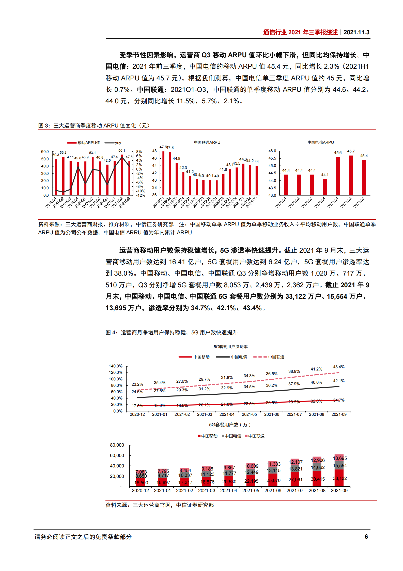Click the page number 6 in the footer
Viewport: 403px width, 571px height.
click(366, 537)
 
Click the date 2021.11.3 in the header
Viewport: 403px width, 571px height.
click(356, 32)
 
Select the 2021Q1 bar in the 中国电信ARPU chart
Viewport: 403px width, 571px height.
click(338, 176)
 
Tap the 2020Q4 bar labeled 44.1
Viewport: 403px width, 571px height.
click(325, 187)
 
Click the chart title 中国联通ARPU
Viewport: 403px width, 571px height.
click(207, 142)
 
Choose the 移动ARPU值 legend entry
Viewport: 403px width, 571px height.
click(84, 143)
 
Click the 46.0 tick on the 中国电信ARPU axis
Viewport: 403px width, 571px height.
click(272, 151)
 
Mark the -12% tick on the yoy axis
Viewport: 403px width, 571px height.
click(141, 195)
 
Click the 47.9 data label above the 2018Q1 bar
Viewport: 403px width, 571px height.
click(163, 147)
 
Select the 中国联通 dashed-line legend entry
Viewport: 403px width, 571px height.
click(269, 357)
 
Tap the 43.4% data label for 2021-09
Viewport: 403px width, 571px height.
click(339, 367)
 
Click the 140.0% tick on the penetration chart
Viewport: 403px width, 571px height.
click(116, 366)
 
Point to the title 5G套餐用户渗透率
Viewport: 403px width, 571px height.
click(230, 347)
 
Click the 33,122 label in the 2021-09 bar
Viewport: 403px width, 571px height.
click(340, 478)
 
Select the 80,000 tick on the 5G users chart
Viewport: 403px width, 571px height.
click(117, 445)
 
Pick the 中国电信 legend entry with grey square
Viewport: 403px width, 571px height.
click(231, 436)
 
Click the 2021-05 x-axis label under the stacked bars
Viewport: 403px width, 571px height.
click(251, 490)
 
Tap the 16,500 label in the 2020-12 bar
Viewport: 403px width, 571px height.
click(141, 482)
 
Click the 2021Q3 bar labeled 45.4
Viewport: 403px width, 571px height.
click(364, 177)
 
